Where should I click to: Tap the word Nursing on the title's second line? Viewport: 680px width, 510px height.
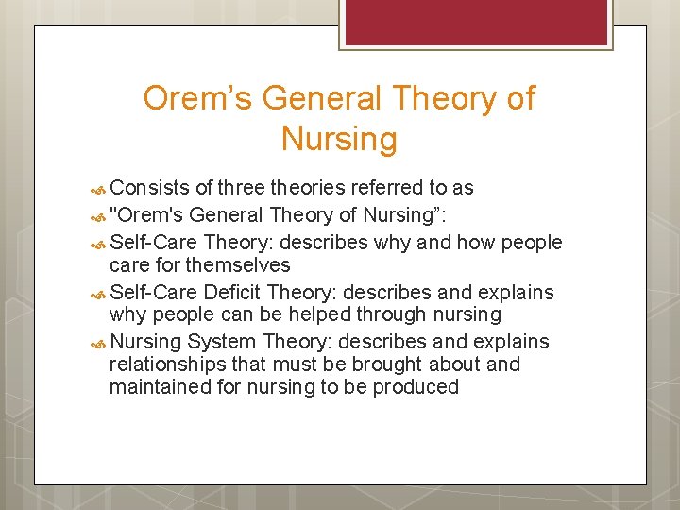[339, 140]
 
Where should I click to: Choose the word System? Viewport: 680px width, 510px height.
[224, 341]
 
